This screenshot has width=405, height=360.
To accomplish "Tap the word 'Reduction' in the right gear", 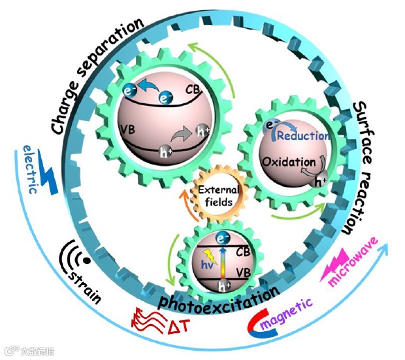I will click(x=302, y=136).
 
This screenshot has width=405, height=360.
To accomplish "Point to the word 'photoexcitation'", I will click(x=218, y=298).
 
